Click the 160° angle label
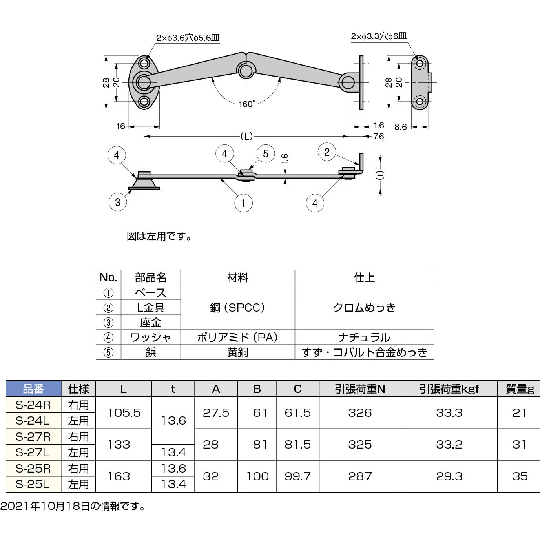(x=246, y=104)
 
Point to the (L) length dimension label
(x=246, y=137)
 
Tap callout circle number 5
(x=266, y=153)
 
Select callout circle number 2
(x=327, y=152)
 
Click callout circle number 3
(x=118, y=202)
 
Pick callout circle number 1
(x=243, y=203)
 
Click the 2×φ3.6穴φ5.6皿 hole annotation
(x=188, y=38)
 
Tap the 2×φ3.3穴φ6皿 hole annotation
(x=379, y=36)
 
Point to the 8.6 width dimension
(x=400, y=127)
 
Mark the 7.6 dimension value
(x=378, y=137)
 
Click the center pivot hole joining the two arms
(x=246, y=71)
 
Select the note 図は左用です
(x=159, y=237)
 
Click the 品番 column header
(x=34, y=389)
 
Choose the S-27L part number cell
(x=33, y=452)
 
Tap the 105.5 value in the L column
(x=124, y=413)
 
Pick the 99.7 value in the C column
(x=297, y=476)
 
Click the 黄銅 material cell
(x=237, y=352)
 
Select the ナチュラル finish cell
(x=364, y=337)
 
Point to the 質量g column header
(x=520, y=389)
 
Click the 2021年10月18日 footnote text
(x=73, y=507)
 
